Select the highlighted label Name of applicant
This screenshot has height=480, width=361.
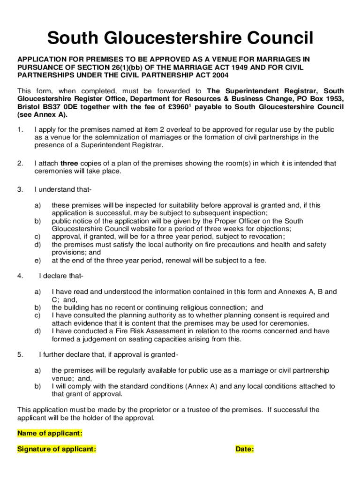50,433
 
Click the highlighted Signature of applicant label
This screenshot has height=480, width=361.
57,449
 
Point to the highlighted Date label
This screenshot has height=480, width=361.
245,449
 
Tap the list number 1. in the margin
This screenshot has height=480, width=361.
20,129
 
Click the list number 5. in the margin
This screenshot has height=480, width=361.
20,354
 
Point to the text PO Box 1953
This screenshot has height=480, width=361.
323,99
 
